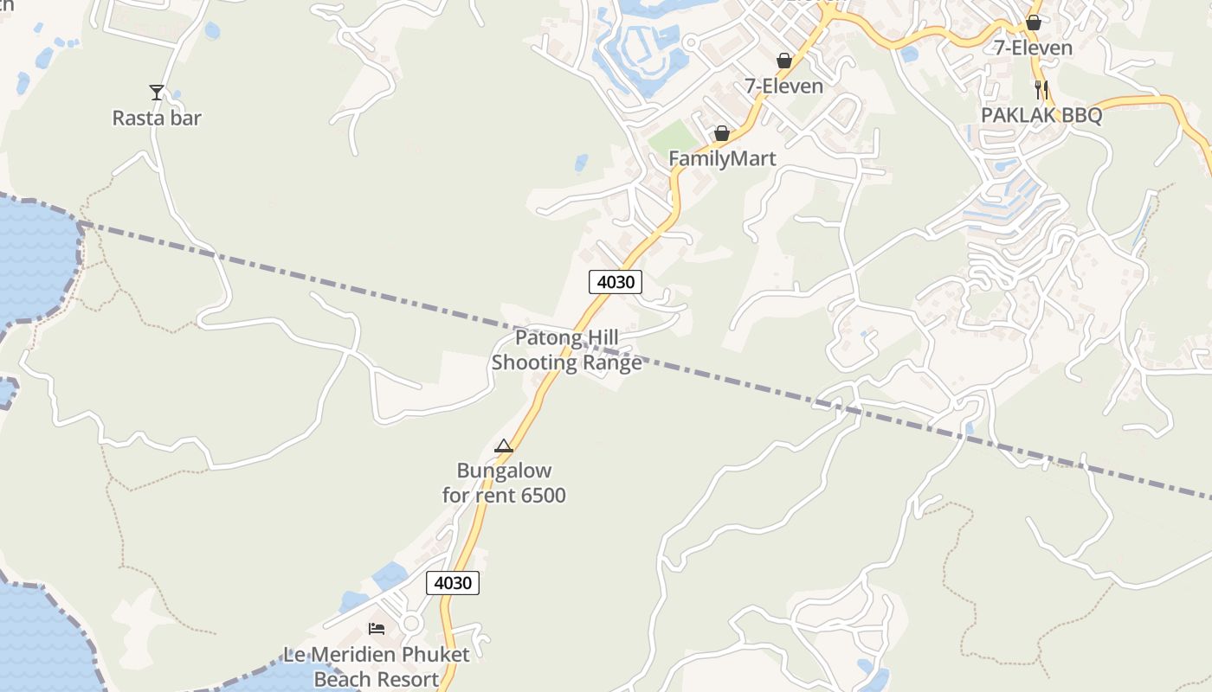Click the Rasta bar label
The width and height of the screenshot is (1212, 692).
(x=157, y=118)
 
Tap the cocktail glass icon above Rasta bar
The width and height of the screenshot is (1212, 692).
(x=157, y=93)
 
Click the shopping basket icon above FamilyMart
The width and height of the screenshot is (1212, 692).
(x=721, y=133)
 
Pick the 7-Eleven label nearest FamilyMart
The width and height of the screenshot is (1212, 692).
(x=784, y=86)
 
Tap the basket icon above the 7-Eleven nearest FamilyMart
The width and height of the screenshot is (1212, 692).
(x=784, y=61)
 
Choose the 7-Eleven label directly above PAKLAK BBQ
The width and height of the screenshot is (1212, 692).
(x=1033, y=48)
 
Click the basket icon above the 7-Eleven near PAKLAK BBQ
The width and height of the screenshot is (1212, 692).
(x=1033, y=22)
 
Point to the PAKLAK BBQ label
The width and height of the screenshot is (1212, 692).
(x=1041, y=115)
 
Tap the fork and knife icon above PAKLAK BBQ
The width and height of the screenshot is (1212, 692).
(x=1041, y=90)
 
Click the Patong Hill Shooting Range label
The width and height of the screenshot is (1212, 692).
(x=567, y=349)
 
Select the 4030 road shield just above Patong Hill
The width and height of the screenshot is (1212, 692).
(x=616, y=281)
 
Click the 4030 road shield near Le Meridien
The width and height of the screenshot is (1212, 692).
(x=453, y=582)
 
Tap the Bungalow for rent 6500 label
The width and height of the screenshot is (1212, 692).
(x=504, y=483)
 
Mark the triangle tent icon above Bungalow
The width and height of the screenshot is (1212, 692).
(x=504, y=446)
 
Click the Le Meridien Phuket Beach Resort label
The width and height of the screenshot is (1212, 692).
(x=377, y=666)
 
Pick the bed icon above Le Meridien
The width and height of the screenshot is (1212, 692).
(x=377, y=628)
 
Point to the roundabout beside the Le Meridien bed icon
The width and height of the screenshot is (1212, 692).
(x=410, y=623)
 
